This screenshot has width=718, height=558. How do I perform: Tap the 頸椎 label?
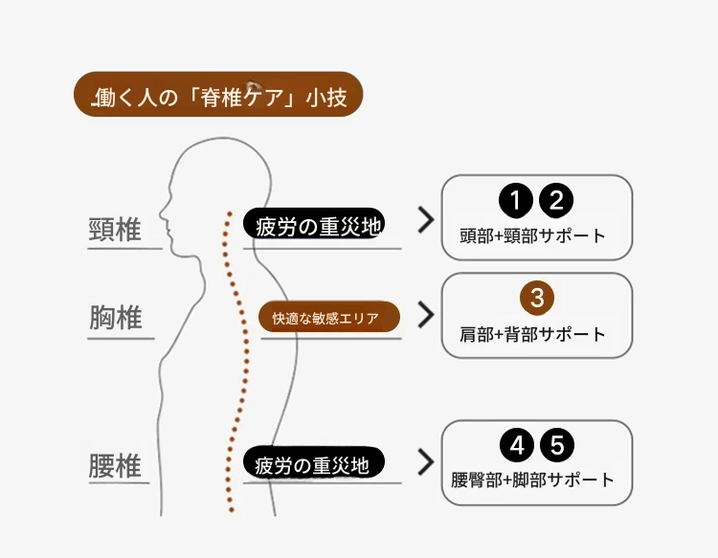(115, 230)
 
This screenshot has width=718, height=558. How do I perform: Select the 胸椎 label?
(116, 317)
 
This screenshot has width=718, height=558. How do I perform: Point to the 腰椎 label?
(115, 467)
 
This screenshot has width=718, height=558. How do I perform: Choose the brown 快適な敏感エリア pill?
(329, 318)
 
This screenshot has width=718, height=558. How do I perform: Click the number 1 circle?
(515, 201)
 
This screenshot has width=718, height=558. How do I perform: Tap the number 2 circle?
(556, 201)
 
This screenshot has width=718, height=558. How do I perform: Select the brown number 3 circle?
(537, 297)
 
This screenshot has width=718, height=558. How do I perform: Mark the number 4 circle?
(517, 445)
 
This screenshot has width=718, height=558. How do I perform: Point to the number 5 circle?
(557, 445)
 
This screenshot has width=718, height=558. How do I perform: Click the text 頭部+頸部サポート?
(536, 235)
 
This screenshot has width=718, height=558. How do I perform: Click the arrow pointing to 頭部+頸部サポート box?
(425, 222)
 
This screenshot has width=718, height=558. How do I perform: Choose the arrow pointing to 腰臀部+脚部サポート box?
(425, 462)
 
